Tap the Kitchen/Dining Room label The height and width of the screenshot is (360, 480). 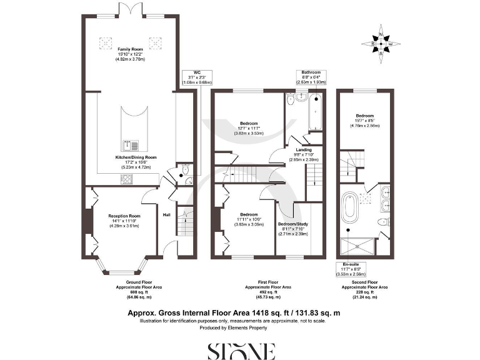[x=131, y=157]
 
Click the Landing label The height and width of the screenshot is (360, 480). [x=295, y=149]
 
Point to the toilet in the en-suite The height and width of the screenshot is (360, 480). [x=382, y=222]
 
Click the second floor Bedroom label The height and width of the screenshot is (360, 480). [x=366, y=116]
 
